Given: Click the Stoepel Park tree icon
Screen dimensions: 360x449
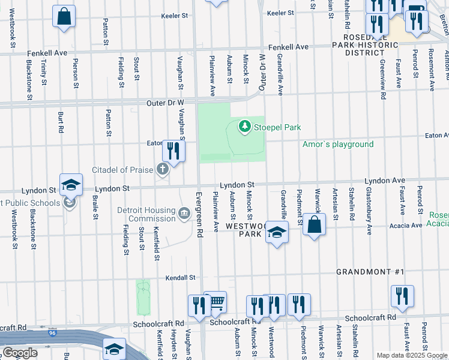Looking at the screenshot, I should coord(244,126).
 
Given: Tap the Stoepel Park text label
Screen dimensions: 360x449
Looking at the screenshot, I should coord(277,127).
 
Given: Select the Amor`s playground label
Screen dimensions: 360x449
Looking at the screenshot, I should coord(338,144).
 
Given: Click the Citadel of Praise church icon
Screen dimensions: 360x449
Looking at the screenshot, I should coord(162,170).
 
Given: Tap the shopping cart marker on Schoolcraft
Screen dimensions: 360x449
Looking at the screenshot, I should coord(215,302).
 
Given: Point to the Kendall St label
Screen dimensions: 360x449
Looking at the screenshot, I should coord(181,278).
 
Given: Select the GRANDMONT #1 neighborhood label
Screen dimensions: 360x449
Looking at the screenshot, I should coord(370,272).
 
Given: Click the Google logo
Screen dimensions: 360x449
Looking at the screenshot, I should coord(20,353).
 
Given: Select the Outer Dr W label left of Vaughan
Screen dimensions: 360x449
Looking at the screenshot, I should coord(164,103).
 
